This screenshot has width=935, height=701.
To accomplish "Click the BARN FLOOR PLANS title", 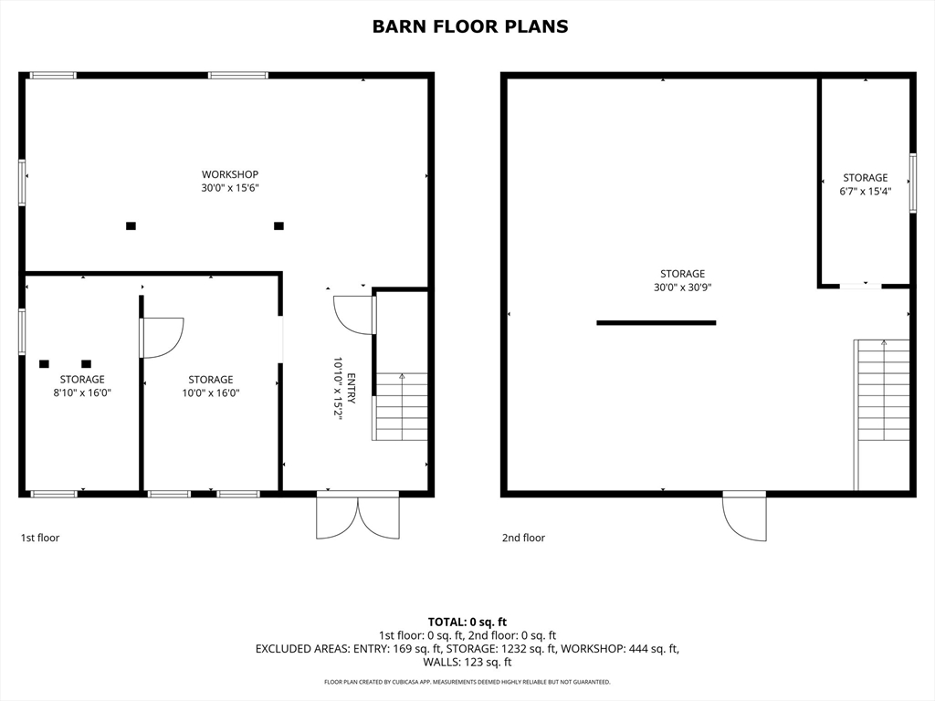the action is point(470,26).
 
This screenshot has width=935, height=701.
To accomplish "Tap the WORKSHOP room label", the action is point(229,174).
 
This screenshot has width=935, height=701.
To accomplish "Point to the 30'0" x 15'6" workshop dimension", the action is point(229,188).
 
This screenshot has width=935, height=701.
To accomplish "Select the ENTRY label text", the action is point(352,389).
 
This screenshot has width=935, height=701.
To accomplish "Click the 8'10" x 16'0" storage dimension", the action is point(82,392).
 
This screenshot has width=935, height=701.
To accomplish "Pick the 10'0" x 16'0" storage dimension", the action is point(211,392).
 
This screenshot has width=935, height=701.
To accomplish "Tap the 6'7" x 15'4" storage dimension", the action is point(866,192).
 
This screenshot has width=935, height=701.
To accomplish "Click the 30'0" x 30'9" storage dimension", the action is point(683,288).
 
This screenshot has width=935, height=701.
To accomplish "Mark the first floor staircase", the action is point(401,406).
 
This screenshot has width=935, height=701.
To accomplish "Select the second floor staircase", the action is point(883,415).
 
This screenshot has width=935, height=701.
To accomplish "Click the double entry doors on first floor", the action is point(358,518).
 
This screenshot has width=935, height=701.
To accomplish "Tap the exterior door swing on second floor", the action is point(744,518).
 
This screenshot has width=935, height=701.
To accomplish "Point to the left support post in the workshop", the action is point(131,226).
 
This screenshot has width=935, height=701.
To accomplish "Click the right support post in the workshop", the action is point(278,226).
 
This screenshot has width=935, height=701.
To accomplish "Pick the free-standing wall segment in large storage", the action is point(656,323).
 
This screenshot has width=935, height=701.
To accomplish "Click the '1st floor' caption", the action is point(40,538).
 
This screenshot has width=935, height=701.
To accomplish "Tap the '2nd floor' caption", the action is point(523,538).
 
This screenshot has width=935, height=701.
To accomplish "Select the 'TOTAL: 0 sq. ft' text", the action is point(467,623).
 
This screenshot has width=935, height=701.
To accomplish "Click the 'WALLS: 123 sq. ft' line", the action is point(467,663).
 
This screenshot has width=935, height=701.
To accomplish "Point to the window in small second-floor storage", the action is point(913,183).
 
